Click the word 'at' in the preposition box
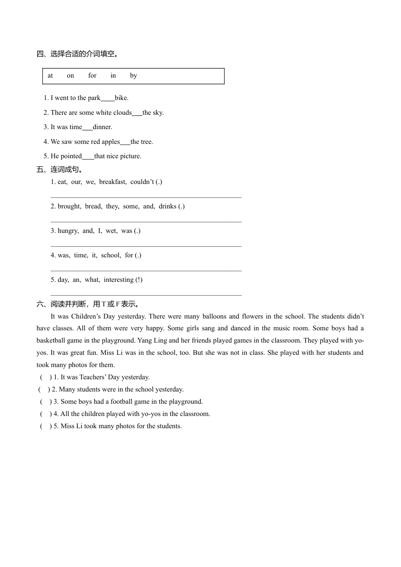click(x=50, y=76)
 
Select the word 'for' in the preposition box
click(x=92, y=76)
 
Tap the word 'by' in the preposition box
click(x=133, y=76)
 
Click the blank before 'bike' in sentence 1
click(x=108, y=99)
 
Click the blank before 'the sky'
click(x=137, y=113)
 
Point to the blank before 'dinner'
click(x=87, y=128)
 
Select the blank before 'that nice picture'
click(x=88, y=157)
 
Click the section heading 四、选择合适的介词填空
click(x=78, y=54)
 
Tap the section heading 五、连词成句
click(x=60, y=170)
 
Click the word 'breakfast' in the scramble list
click(x=113, y=182)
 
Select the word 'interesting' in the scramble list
click(x=119, y=280)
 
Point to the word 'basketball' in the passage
click(x=52, y=340)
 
